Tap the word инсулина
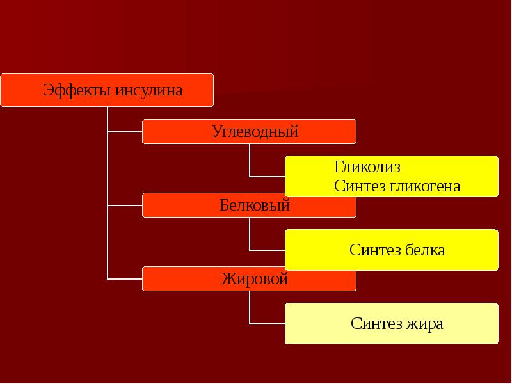[149, 90]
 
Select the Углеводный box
[249, 132]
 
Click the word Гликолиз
[367, 167]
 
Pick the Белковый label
[255, 205]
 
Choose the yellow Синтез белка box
[392, 250]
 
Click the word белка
[425, 250]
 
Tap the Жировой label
[255, 279]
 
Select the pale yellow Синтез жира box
[392, 323]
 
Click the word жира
[424, 324]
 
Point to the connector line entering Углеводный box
[125, 132]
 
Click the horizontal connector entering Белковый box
[125, 205]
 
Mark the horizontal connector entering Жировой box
[125, 279]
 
